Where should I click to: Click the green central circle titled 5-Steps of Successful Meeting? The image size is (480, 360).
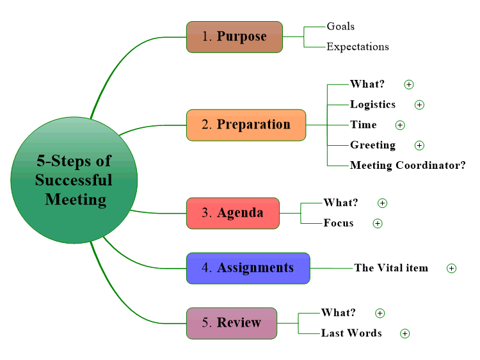click(74, 180)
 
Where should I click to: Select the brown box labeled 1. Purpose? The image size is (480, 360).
click(234, 37)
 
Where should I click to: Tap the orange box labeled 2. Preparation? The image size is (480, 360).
click(246, 125)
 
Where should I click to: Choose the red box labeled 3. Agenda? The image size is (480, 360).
click(233, 213)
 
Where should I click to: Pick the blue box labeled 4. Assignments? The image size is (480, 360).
click(248, 268)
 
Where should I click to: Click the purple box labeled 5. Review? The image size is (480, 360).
click(232, 324)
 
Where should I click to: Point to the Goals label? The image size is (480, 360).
click(340, 27)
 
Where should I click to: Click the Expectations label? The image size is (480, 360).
click(358, 47)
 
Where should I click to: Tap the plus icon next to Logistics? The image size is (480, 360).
click(419, 105)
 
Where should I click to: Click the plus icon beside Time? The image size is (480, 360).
click(400, 125)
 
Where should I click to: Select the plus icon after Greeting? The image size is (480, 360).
click(419, 145)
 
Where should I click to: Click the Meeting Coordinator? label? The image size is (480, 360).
click(408, 166)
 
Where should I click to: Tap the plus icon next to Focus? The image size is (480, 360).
click(378, 224)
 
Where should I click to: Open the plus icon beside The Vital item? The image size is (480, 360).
click(452, 268)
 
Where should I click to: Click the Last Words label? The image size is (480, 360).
click(351, 333)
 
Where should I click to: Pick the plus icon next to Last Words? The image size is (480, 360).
click(405, 333)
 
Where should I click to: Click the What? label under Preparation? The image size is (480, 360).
click(367, 84)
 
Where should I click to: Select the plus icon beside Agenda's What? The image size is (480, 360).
click(382, 203)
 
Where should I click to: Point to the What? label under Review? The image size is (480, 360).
click(339, 313)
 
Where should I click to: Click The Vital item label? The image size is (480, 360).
click(391, 268)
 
